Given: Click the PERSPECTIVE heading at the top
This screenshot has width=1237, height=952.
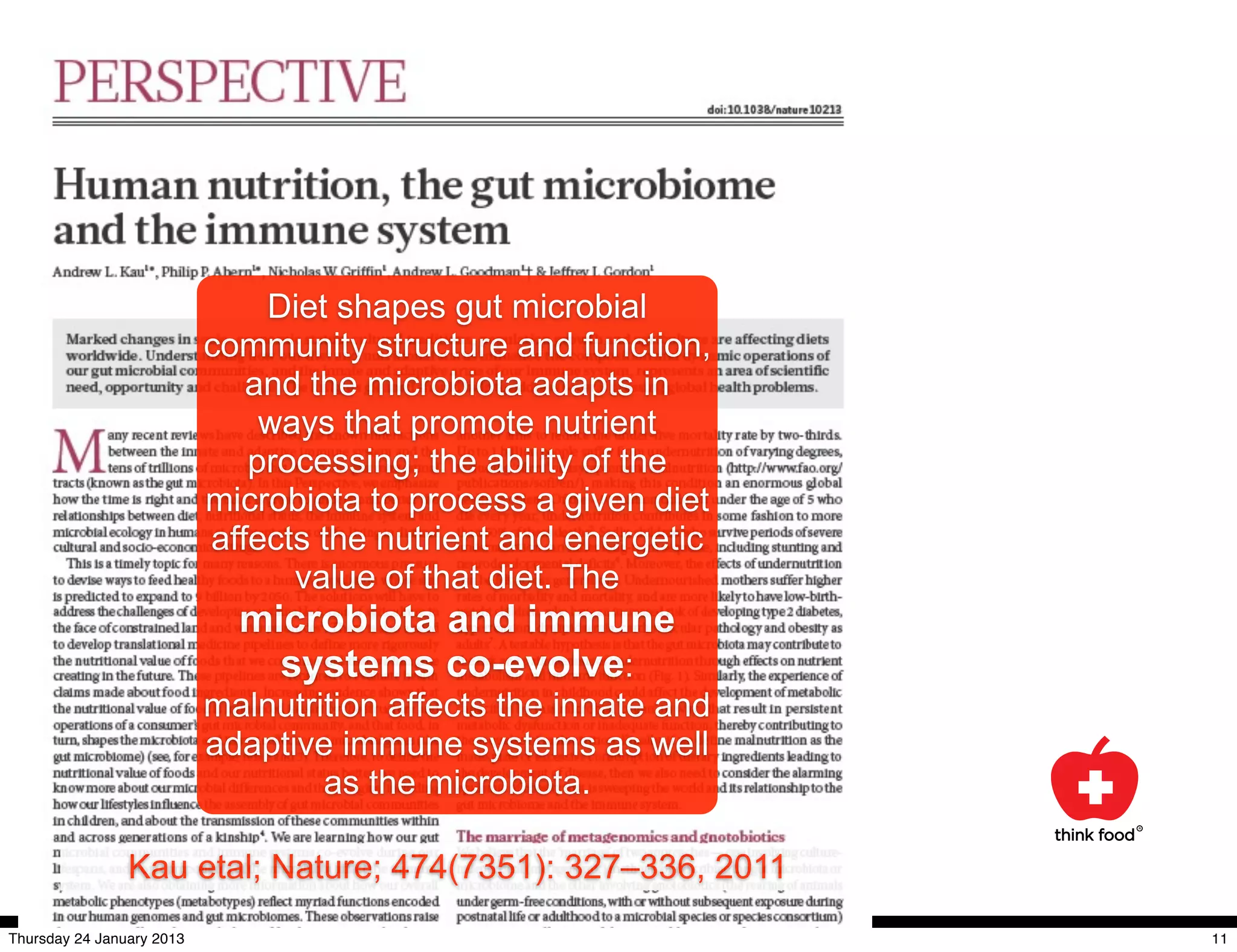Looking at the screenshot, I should pyautogui.click(x=230, y=82).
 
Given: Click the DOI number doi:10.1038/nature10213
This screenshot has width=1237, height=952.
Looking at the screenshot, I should pyautogui.click(x=774, y=109).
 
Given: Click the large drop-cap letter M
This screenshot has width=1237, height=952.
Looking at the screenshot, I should pyautogui.click(x=79, y=451).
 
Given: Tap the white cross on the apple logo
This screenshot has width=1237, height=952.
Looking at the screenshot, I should pyautogui.click(x=1095, y=786).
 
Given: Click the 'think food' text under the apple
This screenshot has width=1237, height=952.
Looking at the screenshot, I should pyautogui.click(x=1094, y=835).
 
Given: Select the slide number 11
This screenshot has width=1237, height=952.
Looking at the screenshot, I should pyautogui.click(x=1219, y=939).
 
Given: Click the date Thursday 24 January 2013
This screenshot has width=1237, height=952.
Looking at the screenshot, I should pyautogui.click(x=97, y=939).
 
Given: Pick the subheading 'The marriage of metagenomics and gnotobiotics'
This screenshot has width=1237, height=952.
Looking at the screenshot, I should pyautogui.click(x=620, y=837).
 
